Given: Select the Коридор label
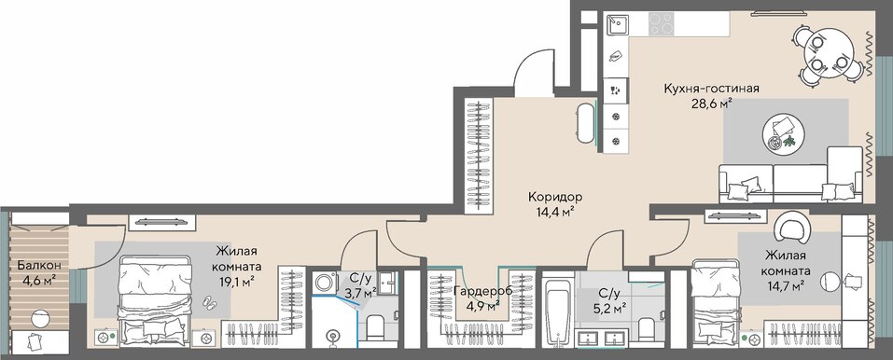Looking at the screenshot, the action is point(555,198).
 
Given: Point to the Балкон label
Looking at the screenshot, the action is point(35,266).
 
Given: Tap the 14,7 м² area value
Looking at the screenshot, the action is point(784,285).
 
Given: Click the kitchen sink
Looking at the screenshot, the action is point(617,25).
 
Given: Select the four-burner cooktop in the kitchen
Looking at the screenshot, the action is point(661,23).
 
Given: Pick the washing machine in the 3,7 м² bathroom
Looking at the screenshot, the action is point(326,284).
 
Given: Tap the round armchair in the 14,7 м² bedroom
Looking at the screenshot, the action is point(791,226).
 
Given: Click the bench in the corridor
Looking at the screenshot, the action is point(586,123).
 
